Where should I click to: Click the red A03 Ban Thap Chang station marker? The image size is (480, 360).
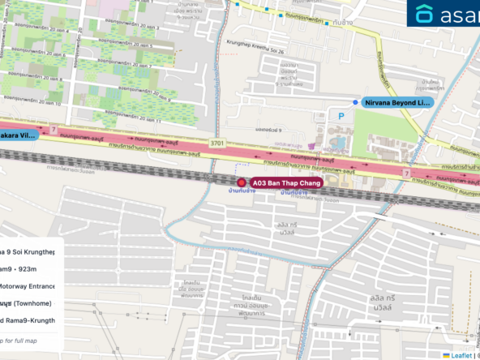point(242,184)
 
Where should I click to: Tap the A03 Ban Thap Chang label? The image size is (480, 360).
point(288,184)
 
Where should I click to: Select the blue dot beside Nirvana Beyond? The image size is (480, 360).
point(356,102)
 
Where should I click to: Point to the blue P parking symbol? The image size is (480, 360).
point(341,117)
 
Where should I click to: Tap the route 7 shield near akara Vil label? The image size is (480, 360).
point(54,129)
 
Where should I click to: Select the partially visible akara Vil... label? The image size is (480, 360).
point(18,135)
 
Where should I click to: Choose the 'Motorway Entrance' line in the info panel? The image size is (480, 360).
point(28,285)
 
